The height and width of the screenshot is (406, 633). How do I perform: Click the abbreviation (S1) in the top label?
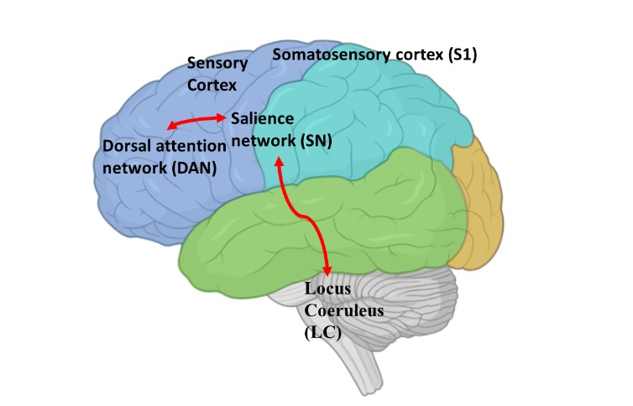(477, 56)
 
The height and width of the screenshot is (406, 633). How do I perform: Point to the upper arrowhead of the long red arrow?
(280, 158)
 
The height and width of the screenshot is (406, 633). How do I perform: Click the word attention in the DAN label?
(193, 147)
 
